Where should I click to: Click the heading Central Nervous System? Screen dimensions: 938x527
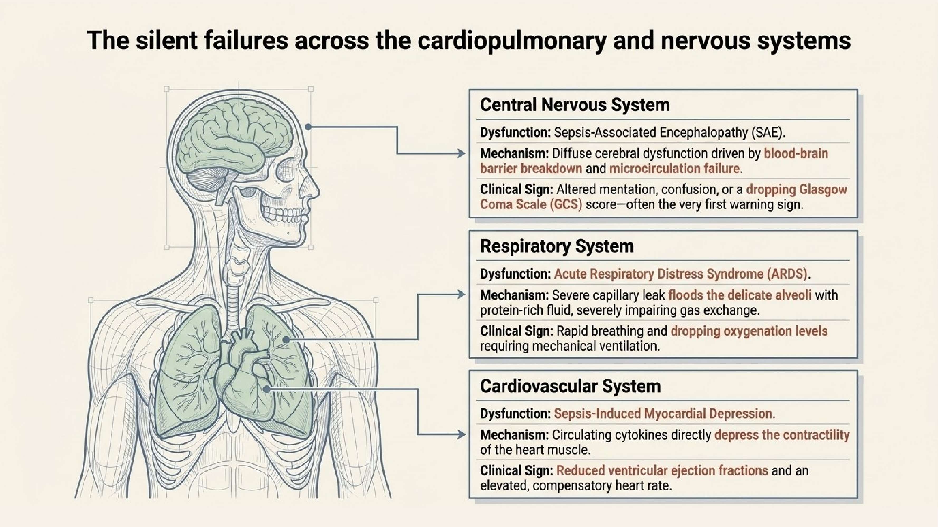pos(575,105)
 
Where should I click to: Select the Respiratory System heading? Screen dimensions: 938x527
pos(557,246)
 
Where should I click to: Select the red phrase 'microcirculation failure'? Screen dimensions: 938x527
pos(674,169)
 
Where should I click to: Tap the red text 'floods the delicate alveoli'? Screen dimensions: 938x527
pos(740,295)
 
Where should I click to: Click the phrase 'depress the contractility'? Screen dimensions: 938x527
pos(782,435)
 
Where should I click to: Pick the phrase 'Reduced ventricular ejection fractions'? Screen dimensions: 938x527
pos(662,471)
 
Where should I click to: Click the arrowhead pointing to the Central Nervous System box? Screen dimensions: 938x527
pos(461,153)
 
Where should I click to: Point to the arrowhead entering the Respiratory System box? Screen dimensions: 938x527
pos(461,294)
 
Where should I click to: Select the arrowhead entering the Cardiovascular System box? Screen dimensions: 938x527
pos(461,434)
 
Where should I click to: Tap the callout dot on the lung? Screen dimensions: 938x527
pos(286,340)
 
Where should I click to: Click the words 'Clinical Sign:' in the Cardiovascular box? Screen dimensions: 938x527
pos(516,471)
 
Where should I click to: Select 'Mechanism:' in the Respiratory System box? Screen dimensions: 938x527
pos(514,295)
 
